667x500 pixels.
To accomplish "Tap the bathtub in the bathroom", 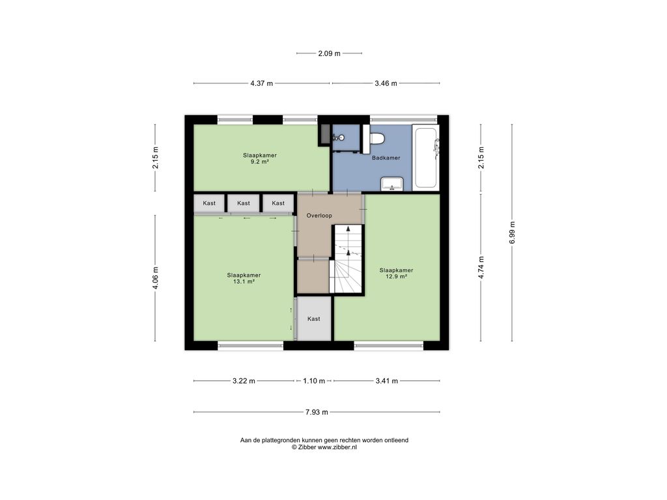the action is [426, 157].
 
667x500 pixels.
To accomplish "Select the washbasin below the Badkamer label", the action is [392, 184].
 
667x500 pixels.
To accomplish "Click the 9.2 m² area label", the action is [259, 161].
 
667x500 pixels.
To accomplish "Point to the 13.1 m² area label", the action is [244, 281].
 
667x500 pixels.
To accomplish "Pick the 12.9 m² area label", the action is [397, 276].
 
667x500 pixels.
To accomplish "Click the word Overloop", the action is [319, 215].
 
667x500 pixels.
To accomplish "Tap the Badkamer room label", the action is [386, 158].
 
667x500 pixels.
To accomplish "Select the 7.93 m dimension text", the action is [317, 412].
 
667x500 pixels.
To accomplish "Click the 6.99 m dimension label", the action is [512, 232].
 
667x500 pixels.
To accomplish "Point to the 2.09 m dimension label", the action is [329, 53].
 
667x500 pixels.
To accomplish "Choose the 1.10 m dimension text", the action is [314, 381].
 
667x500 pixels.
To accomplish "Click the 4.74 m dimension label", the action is [481, 268].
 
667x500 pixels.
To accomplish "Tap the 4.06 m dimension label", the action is [155, 278].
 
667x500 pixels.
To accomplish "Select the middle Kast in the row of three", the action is [244, 203].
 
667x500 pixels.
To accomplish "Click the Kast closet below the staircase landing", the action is [314, 318].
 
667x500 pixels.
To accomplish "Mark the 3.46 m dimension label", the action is [386, 83].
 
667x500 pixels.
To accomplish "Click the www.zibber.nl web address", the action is [337, 447].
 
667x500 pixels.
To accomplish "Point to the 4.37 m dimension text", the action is [262, 83].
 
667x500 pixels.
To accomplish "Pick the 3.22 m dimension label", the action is [244, 381].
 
